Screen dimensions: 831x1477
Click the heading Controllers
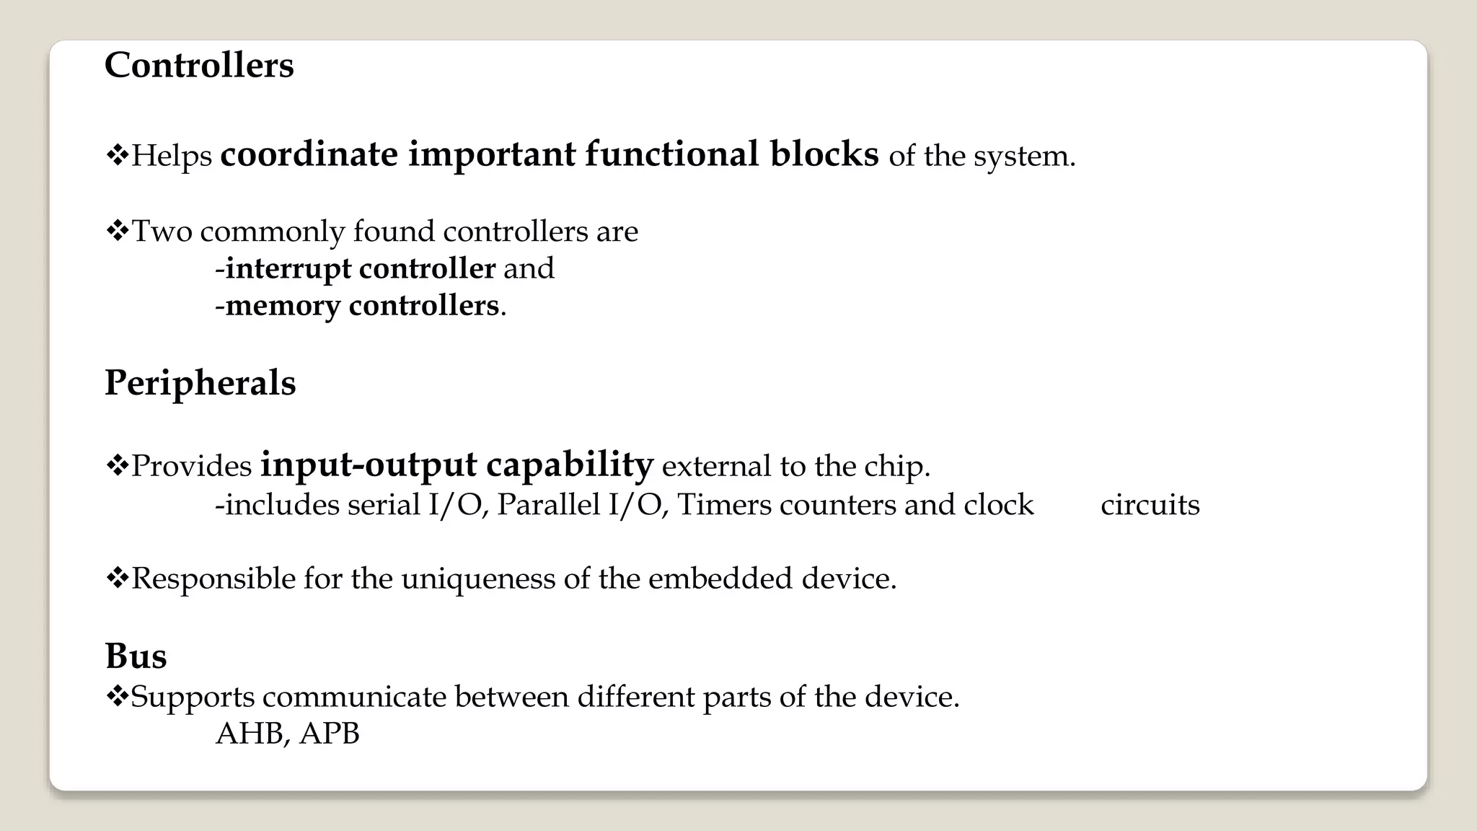tap(199, 66)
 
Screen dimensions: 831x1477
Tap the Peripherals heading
tap(200, 382)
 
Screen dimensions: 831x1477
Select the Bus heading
tap(136, 656)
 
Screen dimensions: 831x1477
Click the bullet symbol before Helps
tap(116, 154)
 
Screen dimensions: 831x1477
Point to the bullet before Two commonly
tap(116, 231)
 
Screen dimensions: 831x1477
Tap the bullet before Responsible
tap(116, 577)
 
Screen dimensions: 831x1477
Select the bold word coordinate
tap(309, 154)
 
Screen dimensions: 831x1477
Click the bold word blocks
tap(824, 154)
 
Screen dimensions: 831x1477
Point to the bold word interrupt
tap(288, 268)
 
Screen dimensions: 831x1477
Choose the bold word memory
tap(283, 306)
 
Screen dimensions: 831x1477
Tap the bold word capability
tap(570, 465)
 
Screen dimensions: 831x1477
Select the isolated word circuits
tap(1150, 504)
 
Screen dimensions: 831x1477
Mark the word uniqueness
tap(478, 579)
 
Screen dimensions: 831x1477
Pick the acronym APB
tap(330, 734)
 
